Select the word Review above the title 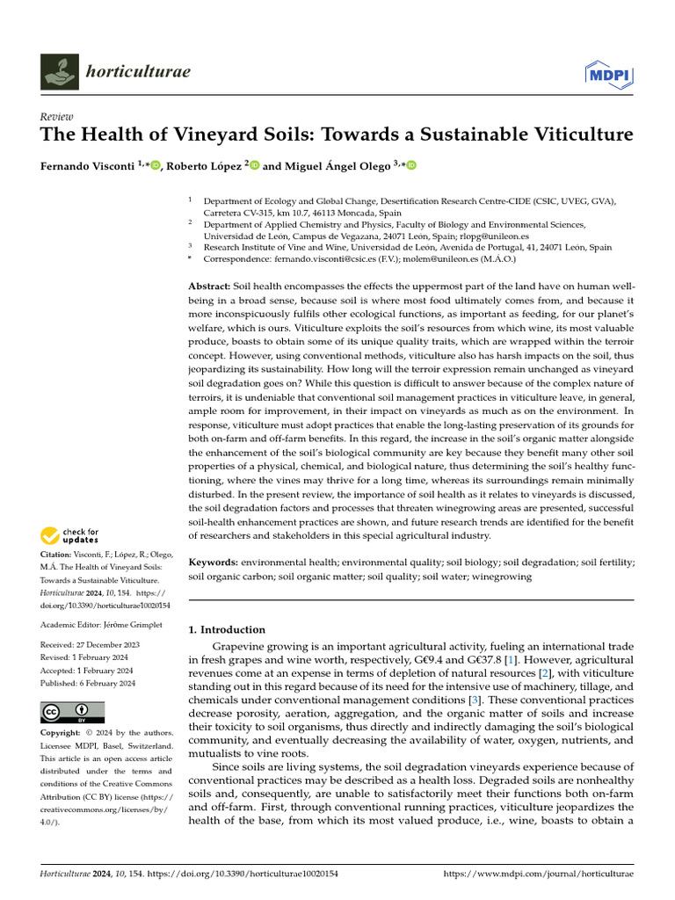click(57, 117)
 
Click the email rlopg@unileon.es click(497, 236)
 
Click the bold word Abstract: click(209, 287)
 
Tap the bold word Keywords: click(214, 561)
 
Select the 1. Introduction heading click(228, 629)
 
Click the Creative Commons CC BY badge click(73, 712)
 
